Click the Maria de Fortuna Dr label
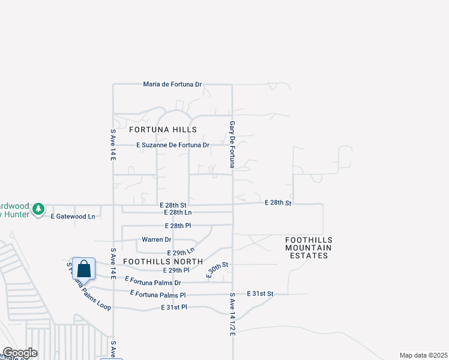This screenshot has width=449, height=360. click(x=172, y=85)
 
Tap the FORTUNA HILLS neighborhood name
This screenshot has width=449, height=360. click(x=163, y=130)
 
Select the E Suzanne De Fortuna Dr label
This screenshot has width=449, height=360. click(x=173, y=145)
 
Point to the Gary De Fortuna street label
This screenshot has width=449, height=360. click(x=232, y=144)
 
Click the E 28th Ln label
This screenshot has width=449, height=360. click(x=178, y=212)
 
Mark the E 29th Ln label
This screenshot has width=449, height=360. click(x=181, y=252)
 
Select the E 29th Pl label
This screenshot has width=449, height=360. click(x=147, y=271)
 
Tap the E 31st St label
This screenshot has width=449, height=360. click(x=260, y=293)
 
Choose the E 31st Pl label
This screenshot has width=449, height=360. click(x=174, y=307)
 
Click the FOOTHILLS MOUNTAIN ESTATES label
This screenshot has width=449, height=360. click(x=309, y=248)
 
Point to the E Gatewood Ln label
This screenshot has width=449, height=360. click(x=73, y=216)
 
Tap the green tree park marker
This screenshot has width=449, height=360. click(x=39, y=208)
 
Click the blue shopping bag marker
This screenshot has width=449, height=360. click(x=85, y=269)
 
